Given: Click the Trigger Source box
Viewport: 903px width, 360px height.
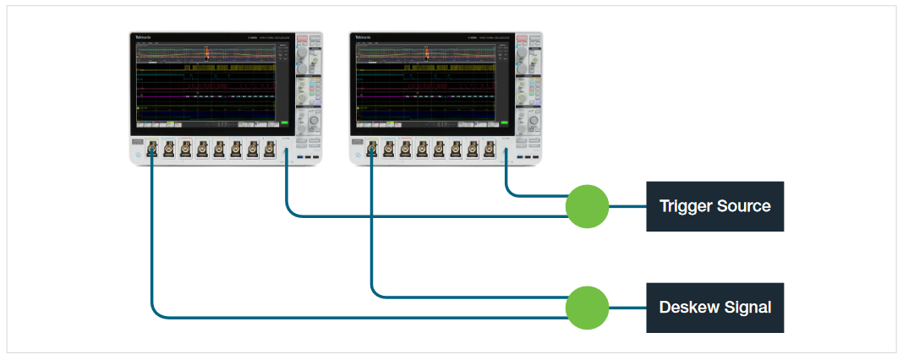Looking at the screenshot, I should click(714, 206).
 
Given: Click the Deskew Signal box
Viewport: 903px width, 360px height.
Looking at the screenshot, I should click(714, 308).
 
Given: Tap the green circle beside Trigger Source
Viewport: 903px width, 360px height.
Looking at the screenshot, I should click(587, 206).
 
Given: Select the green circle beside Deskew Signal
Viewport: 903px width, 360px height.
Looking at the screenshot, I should click(587, 308).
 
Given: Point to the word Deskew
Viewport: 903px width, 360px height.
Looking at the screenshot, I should click(687, 308).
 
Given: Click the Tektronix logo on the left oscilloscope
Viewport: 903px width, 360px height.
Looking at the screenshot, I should click(144, 38).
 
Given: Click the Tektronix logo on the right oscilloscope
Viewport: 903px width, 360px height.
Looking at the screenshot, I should click(364, 38).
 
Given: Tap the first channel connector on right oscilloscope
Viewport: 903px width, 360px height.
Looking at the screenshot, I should click(373, 150).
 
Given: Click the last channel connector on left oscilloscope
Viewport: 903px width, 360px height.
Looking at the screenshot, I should click(270, 150).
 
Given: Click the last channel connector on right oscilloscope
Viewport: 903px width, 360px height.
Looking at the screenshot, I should click(490, 150).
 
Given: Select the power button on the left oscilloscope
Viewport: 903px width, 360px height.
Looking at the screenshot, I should click(137, 155).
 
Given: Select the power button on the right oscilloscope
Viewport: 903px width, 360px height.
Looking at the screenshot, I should click(357, 155).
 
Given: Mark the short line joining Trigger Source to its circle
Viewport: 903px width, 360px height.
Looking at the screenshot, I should click(627, 206).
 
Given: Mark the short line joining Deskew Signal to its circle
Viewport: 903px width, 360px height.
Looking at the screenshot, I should click(627, 308).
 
